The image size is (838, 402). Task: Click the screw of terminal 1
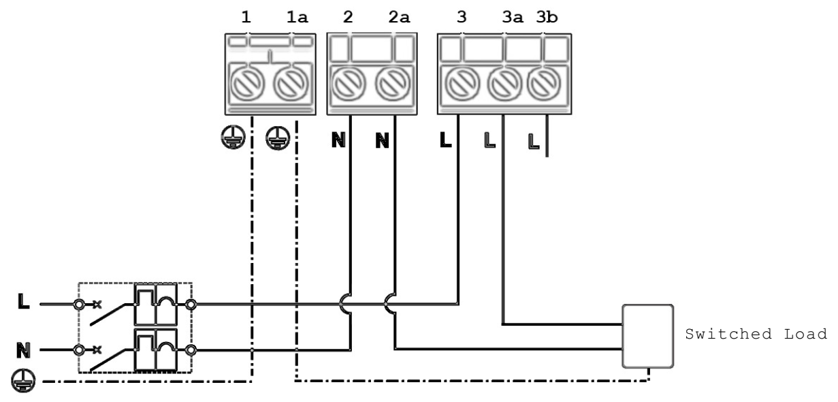point(247,87)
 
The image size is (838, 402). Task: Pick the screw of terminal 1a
point(290,87)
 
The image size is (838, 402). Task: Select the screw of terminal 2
point(348,87)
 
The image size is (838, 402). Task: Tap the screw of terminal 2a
point(391,87)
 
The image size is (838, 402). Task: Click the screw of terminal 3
point(461,87)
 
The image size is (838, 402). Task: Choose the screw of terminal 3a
point(503,87)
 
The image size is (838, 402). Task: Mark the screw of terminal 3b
point(542,87)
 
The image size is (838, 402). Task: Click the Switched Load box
point(647,336)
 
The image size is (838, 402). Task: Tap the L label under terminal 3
point(445,142)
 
